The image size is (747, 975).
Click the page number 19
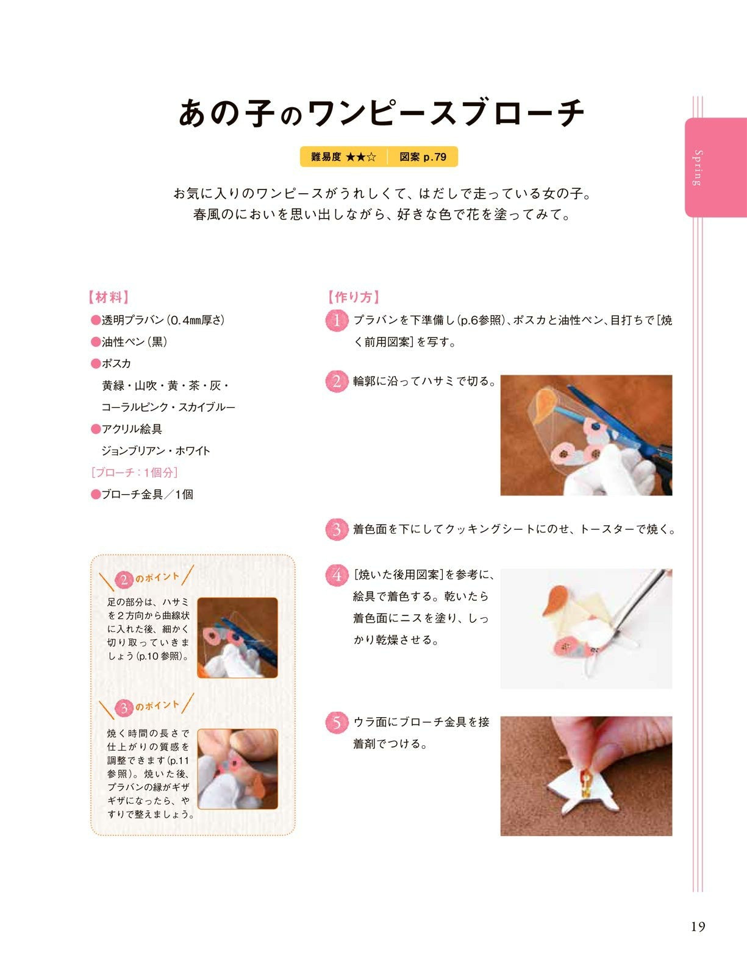(698, 926)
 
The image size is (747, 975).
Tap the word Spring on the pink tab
(698, 168)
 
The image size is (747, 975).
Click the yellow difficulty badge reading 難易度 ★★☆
(343, 157)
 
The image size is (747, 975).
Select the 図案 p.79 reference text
(423, 157)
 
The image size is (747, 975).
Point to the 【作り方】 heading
(353, 297)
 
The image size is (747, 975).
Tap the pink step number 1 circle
(337, 321)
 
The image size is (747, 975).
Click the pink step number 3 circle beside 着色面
(337, 530)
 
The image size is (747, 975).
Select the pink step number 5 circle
(337, 722)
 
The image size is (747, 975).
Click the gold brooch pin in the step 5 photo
(586, 782)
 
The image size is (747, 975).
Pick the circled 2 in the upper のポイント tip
(124, 580)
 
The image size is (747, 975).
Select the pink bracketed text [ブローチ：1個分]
(134, 472)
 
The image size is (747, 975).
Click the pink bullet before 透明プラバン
(96, 321)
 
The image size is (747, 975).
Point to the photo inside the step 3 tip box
(237, 769)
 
